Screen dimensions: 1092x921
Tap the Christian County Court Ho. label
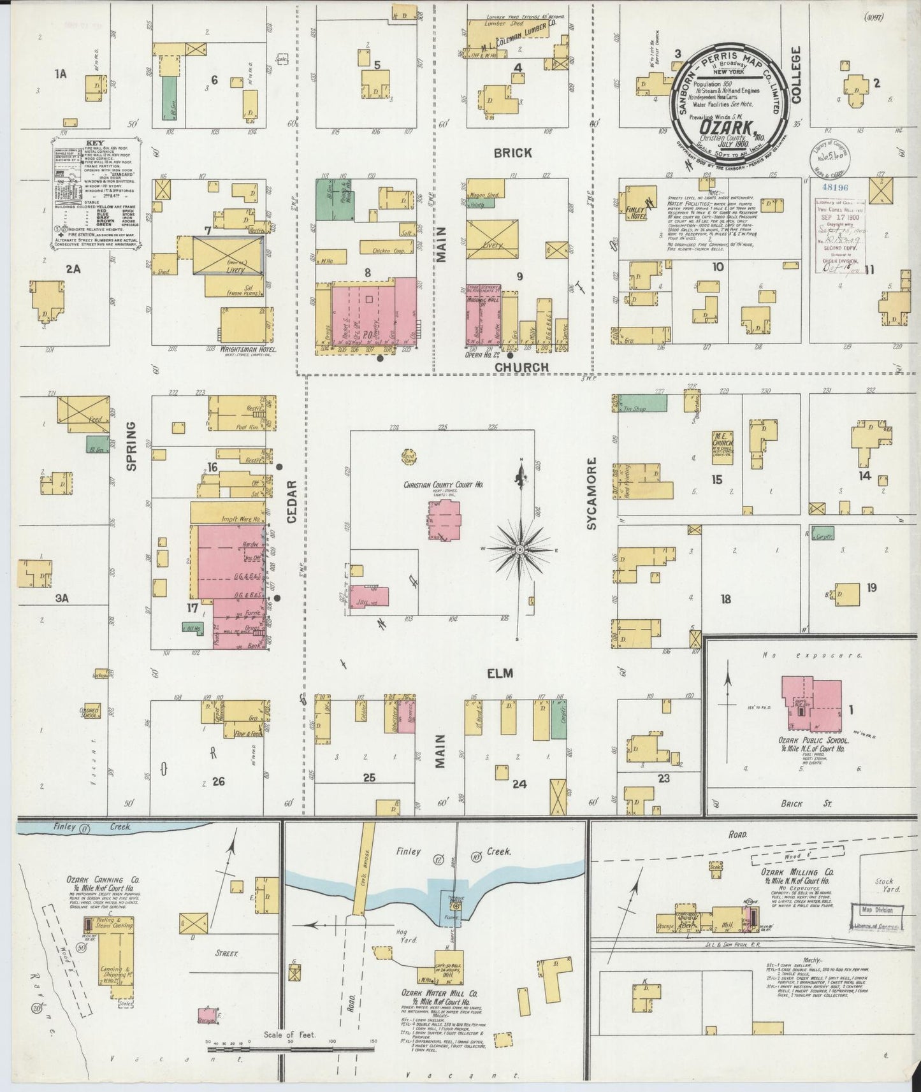click(443, 485)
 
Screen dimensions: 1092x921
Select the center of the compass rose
click(520, 549)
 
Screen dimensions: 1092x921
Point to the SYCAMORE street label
click(592, 493)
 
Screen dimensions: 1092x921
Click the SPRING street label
click(132, 445)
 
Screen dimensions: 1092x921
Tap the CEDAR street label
click(292, 502)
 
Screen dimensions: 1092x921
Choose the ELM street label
click(501, 673)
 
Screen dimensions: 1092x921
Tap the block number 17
click(192, 608)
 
